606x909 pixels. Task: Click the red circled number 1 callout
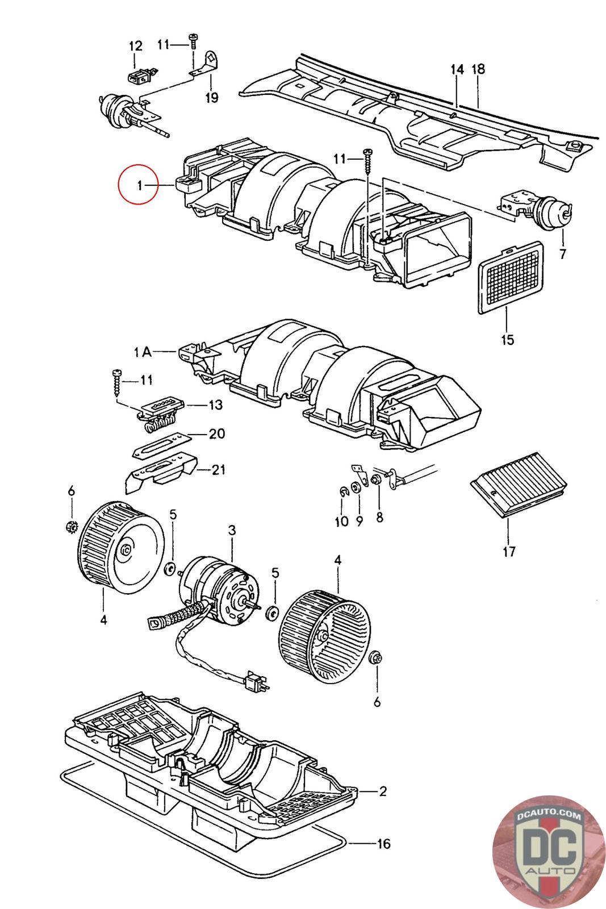pyautogui.click(x=137, y=184)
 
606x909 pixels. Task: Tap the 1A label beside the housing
pyautogui.click(x=143, y=352)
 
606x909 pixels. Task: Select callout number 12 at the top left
pyautogui.click(x=136, y=46)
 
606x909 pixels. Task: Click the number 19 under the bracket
pyautogui.click(x=211, y=97)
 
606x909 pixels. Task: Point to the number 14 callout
pyautogui.click(x=457, y=69)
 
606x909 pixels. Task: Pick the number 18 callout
pyautogui.click(x=478, y=69)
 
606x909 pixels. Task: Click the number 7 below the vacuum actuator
pyautogui.click(x=563, y=255)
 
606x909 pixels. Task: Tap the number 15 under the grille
pyautogui.click(x=507, y=339)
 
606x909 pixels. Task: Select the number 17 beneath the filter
pyautogui.click(x=509, y=552)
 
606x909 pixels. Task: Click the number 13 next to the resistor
pyautogui.click(x=215, y=405)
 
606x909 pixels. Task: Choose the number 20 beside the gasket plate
pyautogui.click(x=216, y=433)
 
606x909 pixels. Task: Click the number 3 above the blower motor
pyautogui.click(x=232, y=530)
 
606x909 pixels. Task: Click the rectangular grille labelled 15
pyautogui.click(x=511, y=278)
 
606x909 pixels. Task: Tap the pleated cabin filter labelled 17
pyautogui.click(x=519, y=485)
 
